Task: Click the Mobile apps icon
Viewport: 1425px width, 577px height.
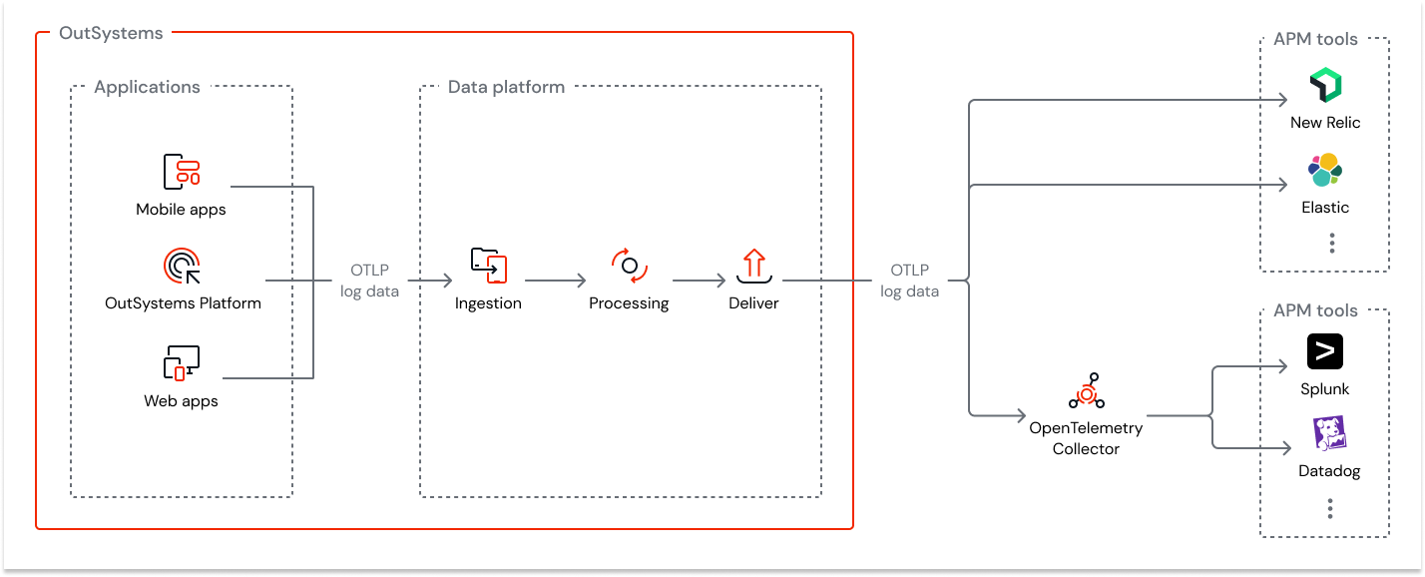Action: click(x=182, y=172)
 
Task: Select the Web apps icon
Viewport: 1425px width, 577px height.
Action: click(x=182, y=362)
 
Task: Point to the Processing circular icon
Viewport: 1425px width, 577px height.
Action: click(x=630, y=266)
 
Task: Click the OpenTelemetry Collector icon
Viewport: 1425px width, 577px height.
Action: click(x=1087, y=392)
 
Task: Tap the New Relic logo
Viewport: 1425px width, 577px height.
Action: click(x=1325, y=87)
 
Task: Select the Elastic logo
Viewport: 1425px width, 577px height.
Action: click(x=1325, y=171)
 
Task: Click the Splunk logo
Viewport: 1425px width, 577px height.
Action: click(x=1325, y=351)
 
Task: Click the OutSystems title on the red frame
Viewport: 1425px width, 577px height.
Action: click(x=111, y=33)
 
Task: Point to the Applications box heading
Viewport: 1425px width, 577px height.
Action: click(x=147, y=87)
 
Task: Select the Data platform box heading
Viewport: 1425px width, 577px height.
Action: click(x=506, y=87)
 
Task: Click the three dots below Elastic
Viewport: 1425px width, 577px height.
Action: click(x=1331, y=243)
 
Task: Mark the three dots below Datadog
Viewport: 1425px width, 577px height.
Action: click(x=1330, y=509)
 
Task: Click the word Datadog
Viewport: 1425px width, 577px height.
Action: click(x=1329, y=471)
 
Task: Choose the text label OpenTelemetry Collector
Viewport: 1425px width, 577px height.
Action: click(x=1086, y=438)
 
